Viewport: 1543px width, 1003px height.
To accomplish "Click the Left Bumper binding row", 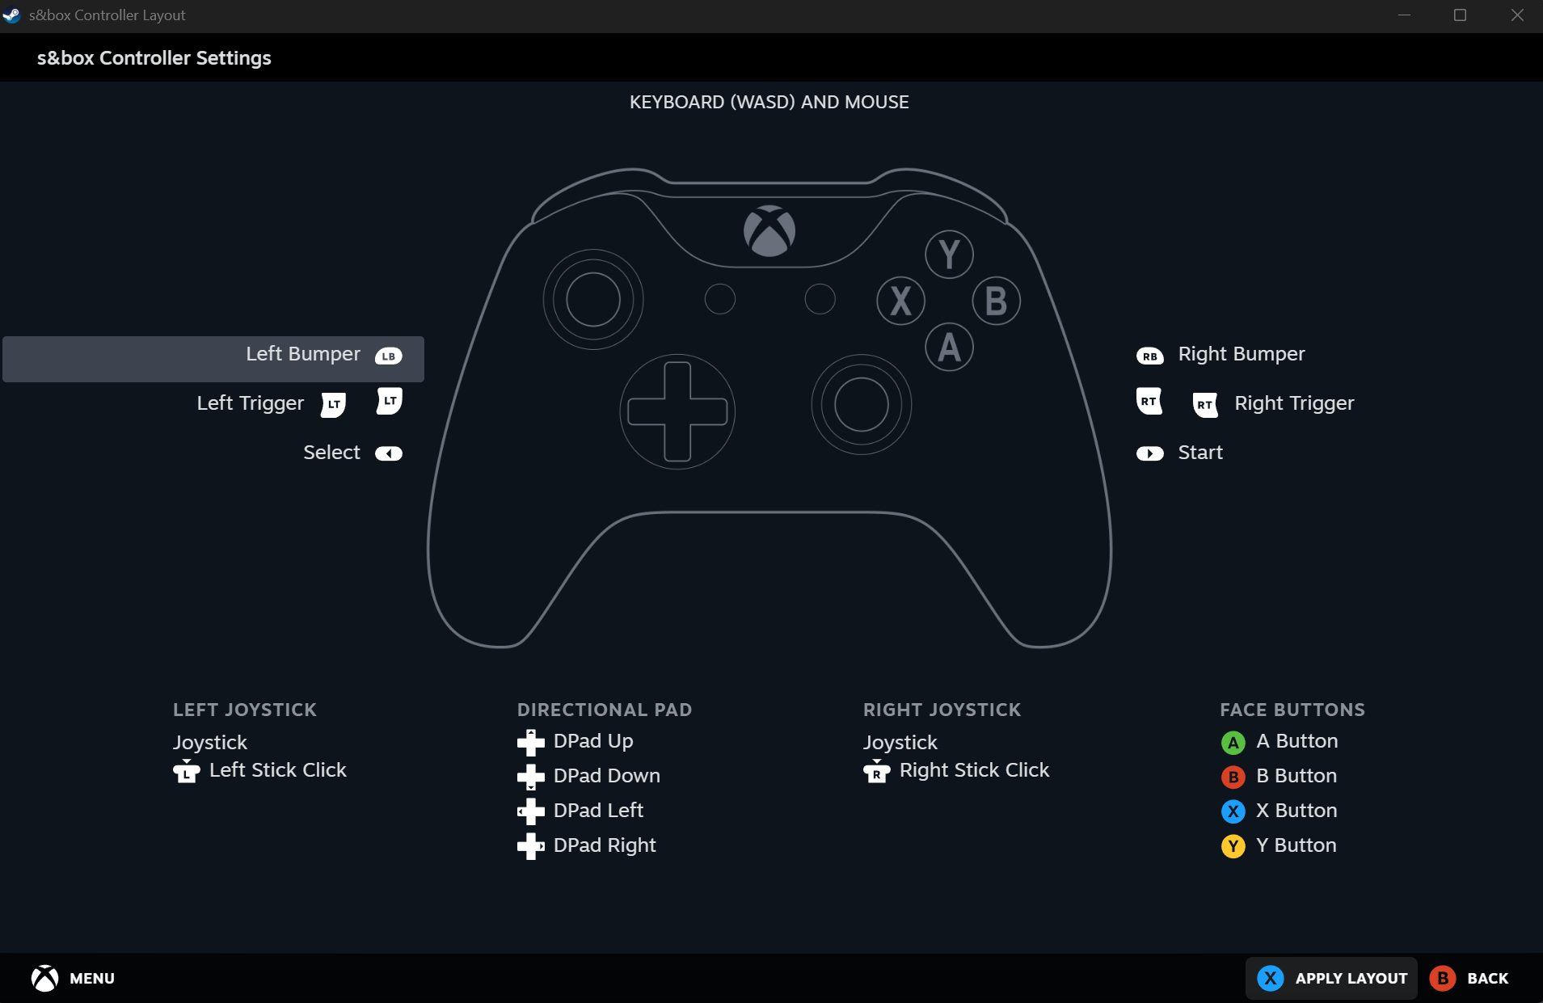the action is click(x=213, y=359).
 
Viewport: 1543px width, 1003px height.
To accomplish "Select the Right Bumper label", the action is click(x=1241, y=354).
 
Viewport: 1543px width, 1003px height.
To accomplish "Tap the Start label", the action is click(x=1200, y=453).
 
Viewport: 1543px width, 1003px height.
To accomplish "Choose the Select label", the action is click(x=331, y=453).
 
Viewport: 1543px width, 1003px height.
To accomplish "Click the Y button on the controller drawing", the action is click(x=949, y=255).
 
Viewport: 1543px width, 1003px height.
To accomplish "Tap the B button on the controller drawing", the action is click(x=996, y=301).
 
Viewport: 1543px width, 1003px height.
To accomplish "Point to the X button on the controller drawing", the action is click(x=901, y=301).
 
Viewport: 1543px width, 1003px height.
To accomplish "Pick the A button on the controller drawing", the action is click(x=949, y=347).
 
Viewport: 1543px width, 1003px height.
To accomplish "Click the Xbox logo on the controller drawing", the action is click(x=769, y=231).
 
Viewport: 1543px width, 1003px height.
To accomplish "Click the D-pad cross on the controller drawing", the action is click(x=677, y=411).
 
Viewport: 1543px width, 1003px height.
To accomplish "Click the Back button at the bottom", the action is click(x=1469, y=978).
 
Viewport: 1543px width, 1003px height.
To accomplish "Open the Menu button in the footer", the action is click(x=73, y=978).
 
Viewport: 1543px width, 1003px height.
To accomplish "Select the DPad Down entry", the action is click(x=588, y=776).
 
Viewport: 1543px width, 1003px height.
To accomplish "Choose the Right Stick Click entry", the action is click(x=956, y=770).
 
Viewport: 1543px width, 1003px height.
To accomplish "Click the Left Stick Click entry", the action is click(x=259, y=770).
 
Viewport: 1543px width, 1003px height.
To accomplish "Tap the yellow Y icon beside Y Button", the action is click(x=1233, y=846).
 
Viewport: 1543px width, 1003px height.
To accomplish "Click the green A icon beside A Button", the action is click(x=1233, y=742).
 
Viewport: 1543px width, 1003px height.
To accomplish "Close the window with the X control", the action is click(x=1517, y=15).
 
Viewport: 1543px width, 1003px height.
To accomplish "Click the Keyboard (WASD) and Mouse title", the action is click(x=769, y=102).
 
